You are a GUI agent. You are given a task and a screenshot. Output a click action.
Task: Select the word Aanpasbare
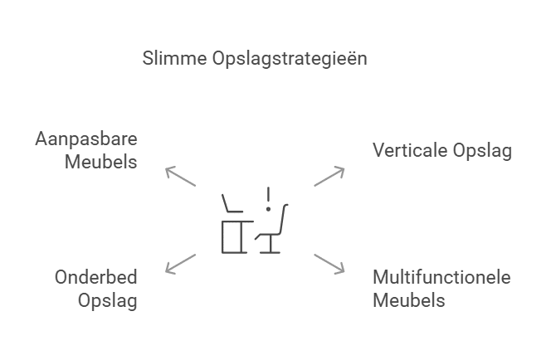click(x=86, y=139)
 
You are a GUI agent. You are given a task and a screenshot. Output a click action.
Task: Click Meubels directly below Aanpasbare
click(x=101, y=161)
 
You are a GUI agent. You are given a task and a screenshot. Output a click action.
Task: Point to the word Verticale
click(x=411, y=150)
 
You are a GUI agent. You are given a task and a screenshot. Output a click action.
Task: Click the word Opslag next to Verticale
click(x=483, y=151)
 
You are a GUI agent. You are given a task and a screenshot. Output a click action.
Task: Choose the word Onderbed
click(x=96, y=277)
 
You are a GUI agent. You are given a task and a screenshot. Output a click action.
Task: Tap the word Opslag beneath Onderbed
click(x=108, y=300)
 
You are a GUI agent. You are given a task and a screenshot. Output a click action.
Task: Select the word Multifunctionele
click(x=441, y=277)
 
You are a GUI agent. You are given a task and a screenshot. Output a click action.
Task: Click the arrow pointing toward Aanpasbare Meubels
click(x=180, y=176)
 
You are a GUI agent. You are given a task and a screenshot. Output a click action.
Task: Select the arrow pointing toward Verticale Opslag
click(x=329, y=176)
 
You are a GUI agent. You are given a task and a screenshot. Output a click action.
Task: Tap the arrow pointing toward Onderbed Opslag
click(x=180, y=263)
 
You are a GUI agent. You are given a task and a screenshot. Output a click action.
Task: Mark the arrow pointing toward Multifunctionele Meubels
click(x=329, y=263)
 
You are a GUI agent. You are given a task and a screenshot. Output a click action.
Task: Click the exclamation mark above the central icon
click(x=268, y=199)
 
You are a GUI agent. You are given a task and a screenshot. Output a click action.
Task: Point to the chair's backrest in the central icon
click(x=282, y=219)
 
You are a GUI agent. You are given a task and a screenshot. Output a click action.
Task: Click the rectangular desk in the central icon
click(x=231, y=236)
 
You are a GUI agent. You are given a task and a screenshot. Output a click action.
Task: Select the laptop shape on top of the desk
click(x=232, y=204)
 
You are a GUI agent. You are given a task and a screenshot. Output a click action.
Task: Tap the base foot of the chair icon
click(x=268, y=251)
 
